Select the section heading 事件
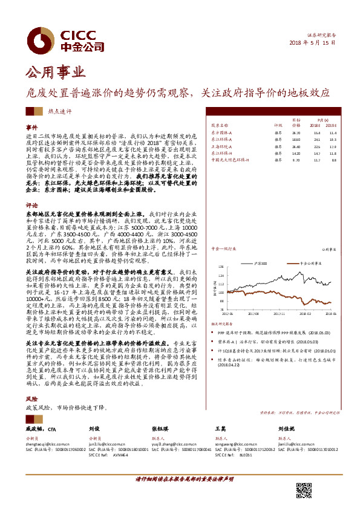point(31,129)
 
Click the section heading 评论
point(31,206)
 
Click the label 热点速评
point(60,111)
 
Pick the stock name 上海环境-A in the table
point(221,146)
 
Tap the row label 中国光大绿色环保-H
point(231,161)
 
